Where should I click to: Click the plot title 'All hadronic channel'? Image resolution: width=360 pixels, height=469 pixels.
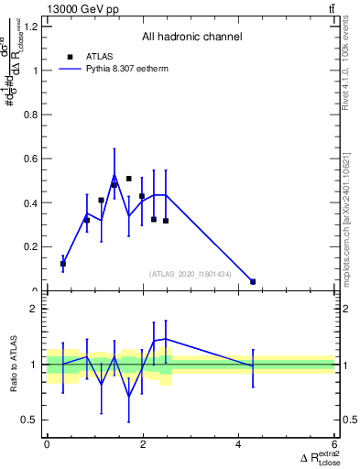pos(191,38)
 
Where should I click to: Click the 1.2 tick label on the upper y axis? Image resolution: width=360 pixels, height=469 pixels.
pos(29,26)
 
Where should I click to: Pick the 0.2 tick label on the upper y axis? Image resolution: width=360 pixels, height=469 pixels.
pos(29,246)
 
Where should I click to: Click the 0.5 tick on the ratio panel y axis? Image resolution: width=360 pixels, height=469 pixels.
pos(29,420)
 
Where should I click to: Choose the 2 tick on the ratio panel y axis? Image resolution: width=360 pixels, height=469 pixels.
pos(34,309)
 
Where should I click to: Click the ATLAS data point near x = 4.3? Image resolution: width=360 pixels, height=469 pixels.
pos(253,281)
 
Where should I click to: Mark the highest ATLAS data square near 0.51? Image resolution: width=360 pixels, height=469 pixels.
pos(129,179)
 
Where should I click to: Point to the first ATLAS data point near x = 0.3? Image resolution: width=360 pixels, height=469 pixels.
pos(62,264)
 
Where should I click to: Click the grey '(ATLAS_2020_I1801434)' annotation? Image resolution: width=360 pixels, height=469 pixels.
pos(191,274)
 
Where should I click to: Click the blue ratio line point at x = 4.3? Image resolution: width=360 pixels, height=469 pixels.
pos(253,366)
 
